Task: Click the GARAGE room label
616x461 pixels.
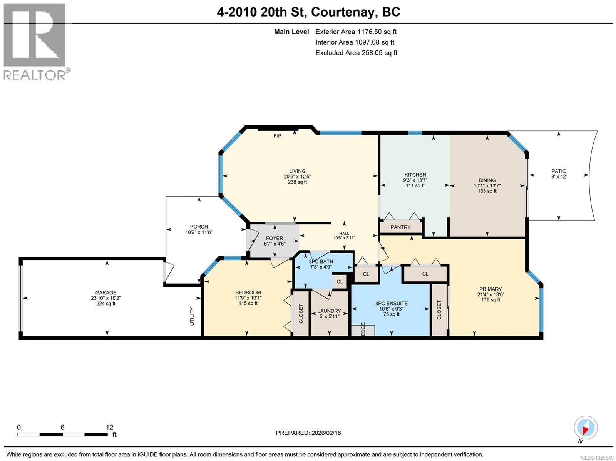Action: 106,292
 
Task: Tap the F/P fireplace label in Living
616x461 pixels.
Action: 277,136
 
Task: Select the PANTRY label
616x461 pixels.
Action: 400,227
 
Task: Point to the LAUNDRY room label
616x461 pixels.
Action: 329,311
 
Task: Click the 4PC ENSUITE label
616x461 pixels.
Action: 391,303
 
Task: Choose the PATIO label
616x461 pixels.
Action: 559,171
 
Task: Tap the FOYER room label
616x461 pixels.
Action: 274,239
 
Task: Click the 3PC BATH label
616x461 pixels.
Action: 321,262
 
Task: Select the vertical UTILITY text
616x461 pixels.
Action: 192,316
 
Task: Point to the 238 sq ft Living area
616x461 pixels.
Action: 297,182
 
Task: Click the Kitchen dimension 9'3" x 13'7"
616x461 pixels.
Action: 415,180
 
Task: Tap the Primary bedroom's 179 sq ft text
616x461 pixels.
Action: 490,300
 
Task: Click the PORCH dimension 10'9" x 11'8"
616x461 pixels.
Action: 199,232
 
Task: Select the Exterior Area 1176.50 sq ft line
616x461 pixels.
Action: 356,32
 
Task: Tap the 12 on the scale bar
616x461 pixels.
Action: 110,427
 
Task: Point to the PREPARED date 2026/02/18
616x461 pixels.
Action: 308,433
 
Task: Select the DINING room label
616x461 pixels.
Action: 487,180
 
